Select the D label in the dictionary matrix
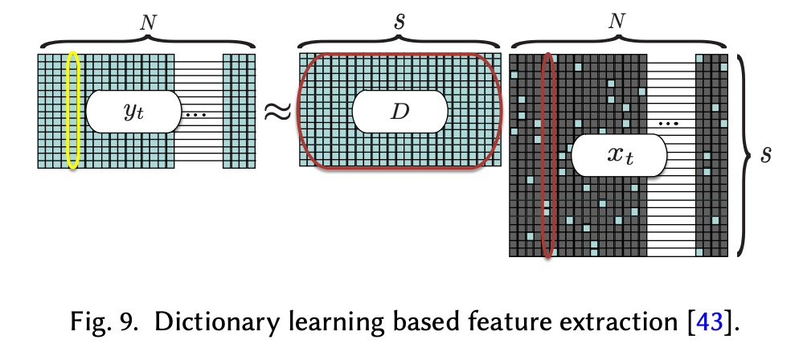click(x=399, y=112)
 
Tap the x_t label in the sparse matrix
click(x=619, y=155)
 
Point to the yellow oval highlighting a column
click(x=73, y=110)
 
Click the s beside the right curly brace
click(x=767, y=154)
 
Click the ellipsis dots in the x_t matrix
click(x=669, y=124)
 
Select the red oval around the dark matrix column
click(x=547, y=155)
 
